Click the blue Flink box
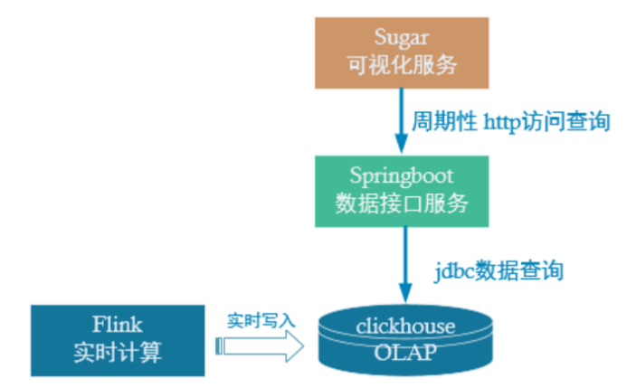coord(118,339)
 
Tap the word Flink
coord(118,324)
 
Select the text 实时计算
coord(118,353)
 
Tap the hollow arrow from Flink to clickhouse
coord(262,345)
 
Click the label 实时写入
coord(261,319)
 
